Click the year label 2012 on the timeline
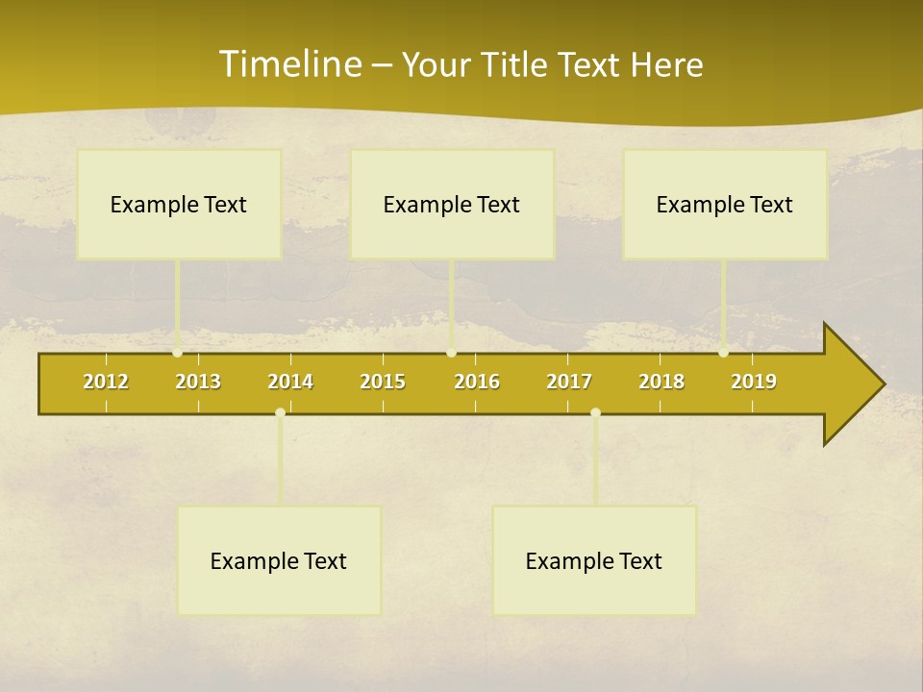pyautogui.click(x=106, y=382)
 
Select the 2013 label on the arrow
pyautogui.click(x=198, y=382)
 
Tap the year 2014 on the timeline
pyautogui.click(x=290, y=382)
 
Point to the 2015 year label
pyautogui.click(x=383, y=382)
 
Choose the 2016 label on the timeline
pyautogui.click(x=477, y=382)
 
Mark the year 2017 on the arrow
pyautogui.click(x=569, y=382)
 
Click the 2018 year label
pyautogui.click(x=661, y=382)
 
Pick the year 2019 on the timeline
pyautogui.click(x=754, y=382)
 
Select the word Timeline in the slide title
pyautogui.click(x=289, y=64)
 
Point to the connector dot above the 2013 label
pyautogui.click(x=178, y=352)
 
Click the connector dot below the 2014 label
pyautogui.click(x=280, y=412)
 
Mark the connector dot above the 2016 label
pyautogui.click(x=451, y=352)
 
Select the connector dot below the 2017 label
pyautogui.click(x=595, y=412)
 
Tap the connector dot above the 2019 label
pyautogui.click(x=724, y=352)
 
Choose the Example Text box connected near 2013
pyautogui.click(x=179, y=204)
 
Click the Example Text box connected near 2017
pyautogui.click(x=594, y=560)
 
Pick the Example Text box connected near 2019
pyautogui.click(x=725, y=204)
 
